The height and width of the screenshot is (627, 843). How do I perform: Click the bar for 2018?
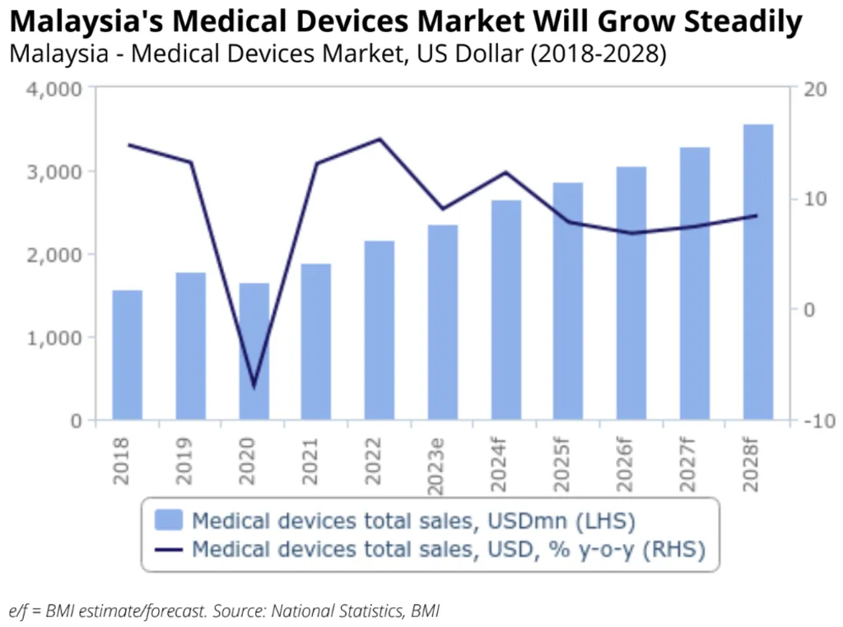coord(128,355)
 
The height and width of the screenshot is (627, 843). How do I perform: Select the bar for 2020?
coord(254,352)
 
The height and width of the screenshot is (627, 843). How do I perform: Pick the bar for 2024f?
coord(506,310)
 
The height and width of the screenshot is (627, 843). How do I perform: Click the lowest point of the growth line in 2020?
coord(254,386)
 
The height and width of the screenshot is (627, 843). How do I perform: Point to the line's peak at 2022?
coord(380,139)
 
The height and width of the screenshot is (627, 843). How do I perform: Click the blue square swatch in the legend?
coord(169,520)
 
